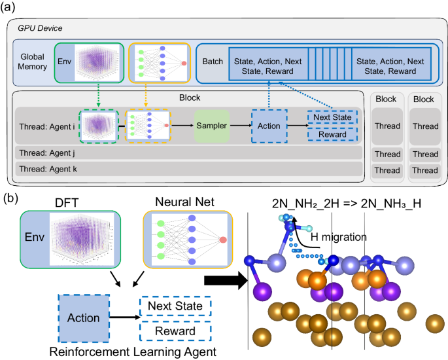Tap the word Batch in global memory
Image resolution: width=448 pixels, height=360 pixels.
pos(211,62)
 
